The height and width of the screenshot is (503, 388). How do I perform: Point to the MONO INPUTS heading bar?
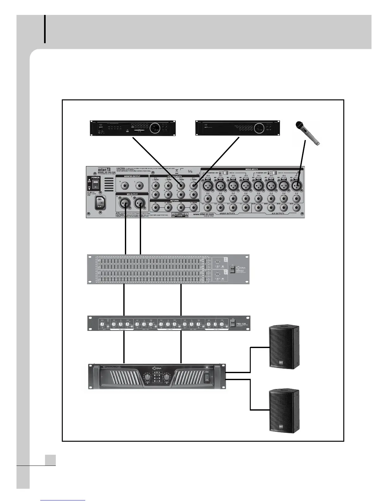click(252, 169)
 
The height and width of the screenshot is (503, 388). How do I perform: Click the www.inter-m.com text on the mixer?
click(203, 214)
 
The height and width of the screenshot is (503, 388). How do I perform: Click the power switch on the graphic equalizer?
click(232, 269)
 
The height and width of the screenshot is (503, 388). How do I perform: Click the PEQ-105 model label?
click(243, 324)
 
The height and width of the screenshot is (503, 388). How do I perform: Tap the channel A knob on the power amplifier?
click(147, 377)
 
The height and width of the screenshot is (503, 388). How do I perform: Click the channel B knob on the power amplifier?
click(167, 377)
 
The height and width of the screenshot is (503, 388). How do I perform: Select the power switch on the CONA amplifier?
click(208, 378)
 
